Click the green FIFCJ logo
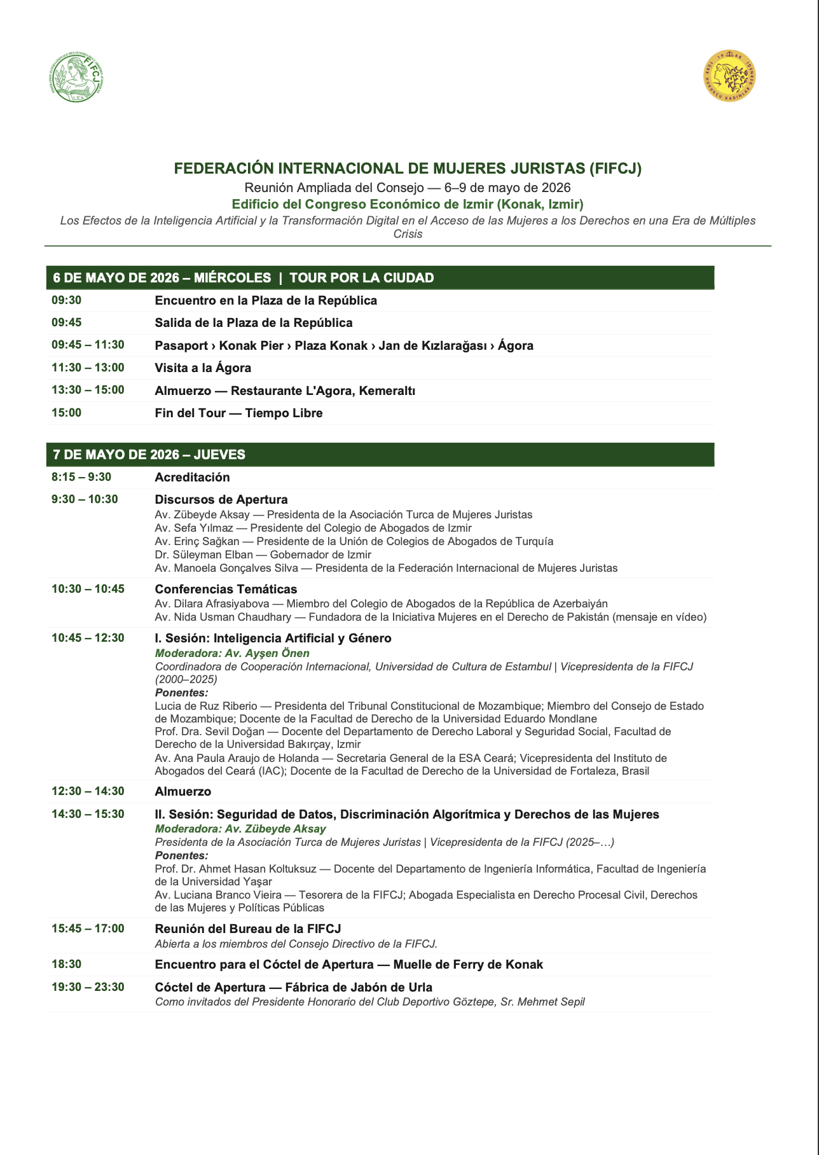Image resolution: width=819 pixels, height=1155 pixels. [x=76, y=78]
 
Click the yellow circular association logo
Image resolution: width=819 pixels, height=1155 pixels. [x=729, y=76]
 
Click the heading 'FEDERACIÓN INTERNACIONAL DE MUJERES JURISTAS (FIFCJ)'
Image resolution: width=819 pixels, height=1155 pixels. [x=408, y=169]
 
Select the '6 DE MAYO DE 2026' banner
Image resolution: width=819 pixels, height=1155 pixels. [x=380, y=278]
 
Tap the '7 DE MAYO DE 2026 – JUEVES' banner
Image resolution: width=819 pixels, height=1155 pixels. [x=380, y=455]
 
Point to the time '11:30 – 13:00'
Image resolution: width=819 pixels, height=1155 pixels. [x=88, y=368]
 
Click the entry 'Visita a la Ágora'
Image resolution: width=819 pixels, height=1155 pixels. [x=203, y=368]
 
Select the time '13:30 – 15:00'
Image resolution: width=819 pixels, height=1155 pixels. [x=88, y=390]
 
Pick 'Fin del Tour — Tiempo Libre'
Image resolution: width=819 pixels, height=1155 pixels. [x=238, y=413]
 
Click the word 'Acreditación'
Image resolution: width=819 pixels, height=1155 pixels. [x=192, y=478]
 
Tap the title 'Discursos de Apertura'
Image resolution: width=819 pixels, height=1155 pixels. [x=221, y=500]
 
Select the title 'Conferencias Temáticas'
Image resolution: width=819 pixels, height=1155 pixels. [x=226, y=590]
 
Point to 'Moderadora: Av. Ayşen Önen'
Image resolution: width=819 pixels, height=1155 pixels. [x=232, y=653]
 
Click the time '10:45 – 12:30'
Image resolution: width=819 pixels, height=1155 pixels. [x=88, y=638]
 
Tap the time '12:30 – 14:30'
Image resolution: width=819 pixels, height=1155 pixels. [x=88, y=791]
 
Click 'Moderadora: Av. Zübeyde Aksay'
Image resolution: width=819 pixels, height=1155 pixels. [x=240, y=829]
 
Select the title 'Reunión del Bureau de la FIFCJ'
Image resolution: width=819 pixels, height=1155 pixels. [x=248, y=929]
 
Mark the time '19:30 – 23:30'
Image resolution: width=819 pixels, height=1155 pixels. [x=88, y=987]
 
